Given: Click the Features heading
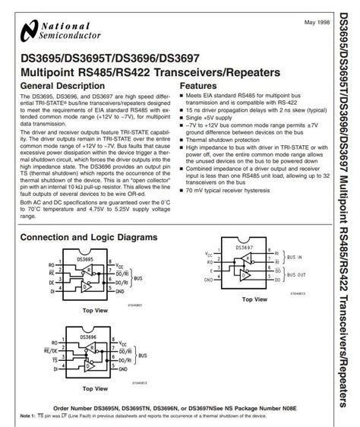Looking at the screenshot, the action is click(x=199, y=86).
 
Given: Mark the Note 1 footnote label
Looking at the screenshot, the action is click(x=29, y=416).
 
